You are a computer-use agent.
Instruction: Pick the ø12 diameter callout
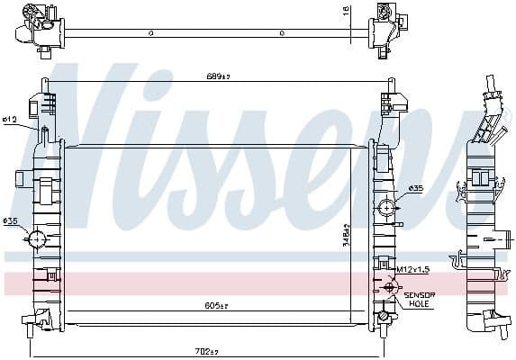pos(11,119)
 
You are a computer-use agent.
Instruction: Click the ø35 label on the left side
pos(10,221)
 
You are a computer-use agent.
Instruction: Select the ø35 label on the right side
pos(415,188)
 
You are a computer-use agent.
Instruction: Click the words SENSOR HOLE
pos(419,300)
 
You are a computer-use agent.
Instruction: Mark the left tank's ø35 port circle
pos(38,239)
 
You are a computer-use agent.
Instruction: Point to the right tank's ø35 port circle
pos(387,207)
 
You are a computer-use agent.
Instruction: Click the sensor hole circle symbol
pos(390,288)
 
